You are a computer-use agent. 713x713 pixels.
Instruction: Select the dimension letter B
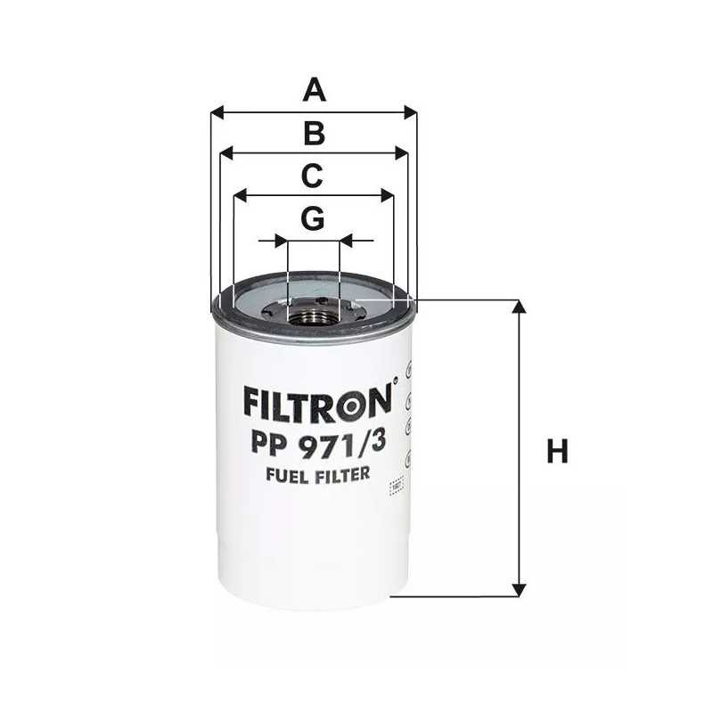(313, 134)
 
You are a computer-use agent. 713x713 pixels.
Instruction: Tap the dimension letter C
(311, 176)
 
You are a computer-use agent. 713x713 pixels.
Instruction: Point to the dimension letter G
(312, 218)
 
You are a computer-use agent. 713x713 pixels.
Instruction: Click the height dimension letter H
(557, 452)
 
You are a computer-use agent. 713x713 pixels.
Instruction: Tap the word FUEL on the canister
(286, 475)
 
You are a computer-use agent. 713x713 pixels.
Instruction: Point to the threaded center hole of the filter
(314, 311)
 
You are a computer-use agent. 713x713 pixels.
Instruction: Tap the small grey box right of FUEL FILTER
(397, 487)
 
